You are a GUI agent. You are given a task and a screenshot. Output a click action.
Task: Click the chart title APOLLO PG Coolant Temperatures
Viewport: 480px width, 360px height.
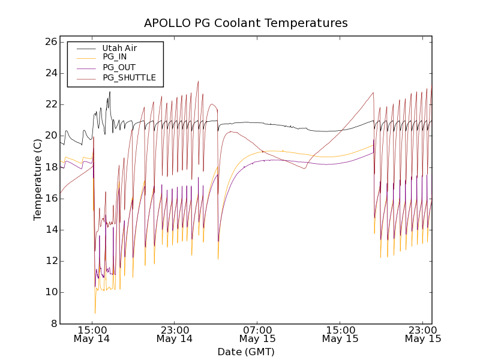click(245, 23)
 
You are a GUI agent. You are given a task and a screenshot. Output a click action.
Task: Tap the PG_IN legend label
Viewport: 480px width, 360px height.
click(115, 57)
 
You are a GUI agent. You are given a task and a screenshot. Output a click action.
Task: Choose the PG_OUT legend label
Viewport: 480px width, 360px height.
click(119, 67)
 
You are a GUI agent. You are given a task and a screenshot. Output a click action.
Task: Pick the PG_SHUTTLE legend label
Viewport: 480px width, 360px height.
click(129, 77)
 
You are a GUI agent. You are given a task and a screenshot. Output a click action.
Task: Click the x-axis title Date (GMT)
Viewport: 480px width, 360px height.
click(245, 352)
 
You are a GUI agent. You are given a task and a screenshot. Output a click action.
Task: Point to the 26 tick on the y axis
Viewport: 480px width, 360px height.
click(50, 42)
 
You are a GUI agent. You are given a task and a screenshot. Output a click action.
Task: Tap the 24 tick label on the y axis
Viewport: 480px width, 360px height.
click(50, 73)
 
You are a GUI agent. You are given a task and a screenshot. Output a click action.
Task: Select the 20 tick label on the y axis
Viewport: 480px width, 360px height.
click(50, 136)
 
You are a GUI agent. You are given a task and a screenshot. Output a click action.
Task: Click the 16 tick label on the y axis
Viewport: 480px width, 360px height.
click(50, 199)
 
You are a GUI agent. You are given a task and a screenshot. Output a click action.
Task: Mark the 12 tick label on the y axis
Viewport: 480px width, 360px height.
click(50, 261)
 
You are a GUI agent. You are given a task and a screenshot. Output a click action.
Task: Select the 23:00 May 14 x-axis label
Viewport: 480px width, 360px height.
click(175, 334)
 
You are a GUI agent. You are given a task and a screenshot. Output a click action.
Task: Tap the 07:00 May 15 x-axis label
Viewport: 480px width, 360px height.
click(257, 334)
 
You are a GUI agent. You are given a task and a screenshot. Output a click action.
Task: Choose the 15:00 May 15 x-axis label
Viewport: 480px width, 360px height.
click(340, 334)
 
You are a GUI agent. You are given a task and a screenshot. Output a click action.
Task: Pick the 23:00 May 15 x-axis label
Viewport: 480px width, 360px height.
click(423, 334)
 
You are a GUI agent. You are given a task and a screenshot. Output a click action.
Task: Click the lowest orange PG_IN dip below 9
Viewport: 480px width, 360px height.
click(95, 312)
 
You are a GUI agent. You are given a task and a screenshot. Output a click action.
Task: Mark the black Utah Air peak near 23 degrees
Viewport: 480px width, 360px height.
click(110, 92)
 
